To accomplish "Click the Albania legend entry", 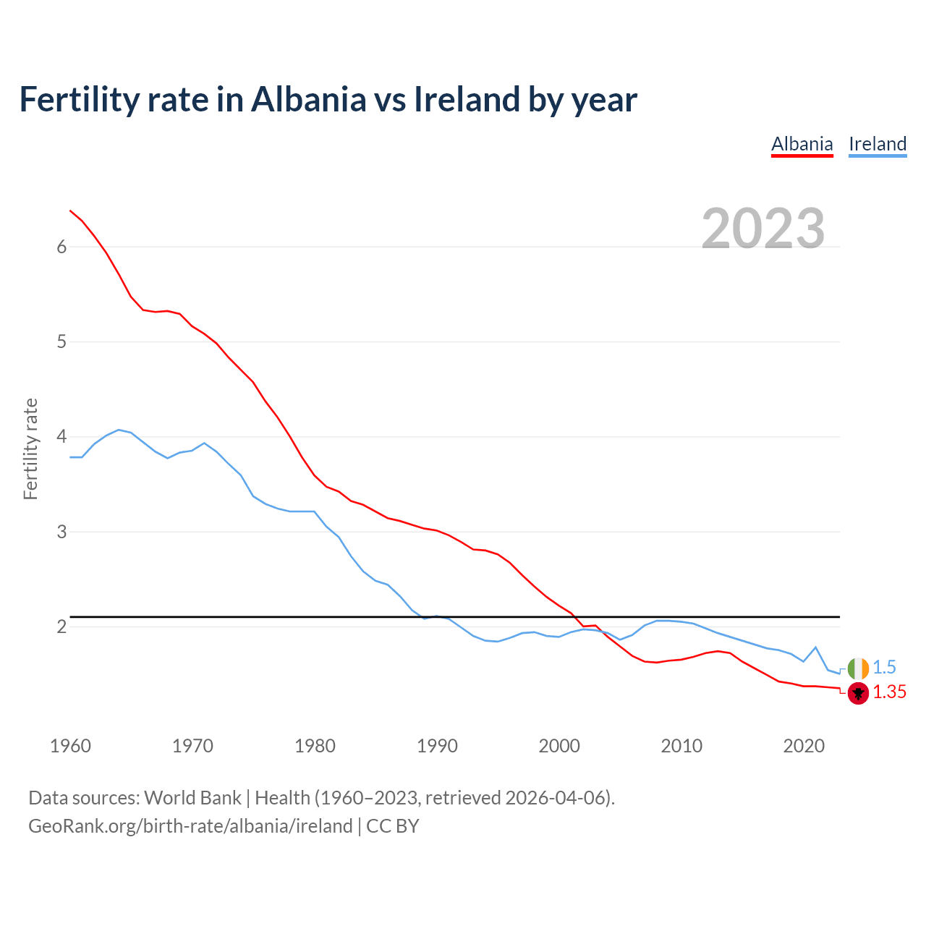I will point(802,144).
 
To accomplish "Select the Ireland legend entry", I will point(877,144).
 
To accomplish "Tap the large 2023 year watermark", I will point(763,229).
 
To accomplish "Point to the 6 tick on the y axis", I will point(61,247).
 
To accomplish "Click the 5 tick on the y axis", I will point(61,342).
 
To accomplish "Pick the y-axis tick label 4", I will point(61,437).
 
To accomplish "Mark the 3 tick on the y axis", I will point(61,532).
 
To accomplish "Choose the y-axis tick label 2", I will point(61,627).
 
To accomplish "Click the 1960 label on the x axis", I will point(70,746).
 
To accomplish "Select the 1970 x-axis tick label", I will point(192,746).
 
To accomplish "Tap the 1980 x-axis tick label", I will point(315,746).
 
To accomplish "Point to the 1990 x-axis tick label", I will point(437,746).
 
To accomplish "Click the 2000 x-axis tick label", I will point(559,746).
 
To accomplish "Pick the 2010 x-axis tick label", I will point(681,746).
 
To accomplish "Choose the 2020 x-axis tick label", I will point(804,746).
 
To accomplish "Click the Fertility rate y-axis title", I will point(30,449).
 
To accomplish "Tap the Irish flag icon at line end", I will point(858,668).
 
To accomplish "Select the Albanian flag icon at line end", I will point(858,693).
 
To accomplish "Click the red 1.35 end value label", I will point(889,692).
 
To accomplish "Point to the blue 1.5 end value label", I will point(884,668).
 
